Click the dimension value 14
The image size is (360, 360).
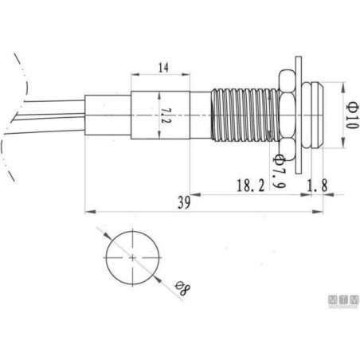pos(163,68)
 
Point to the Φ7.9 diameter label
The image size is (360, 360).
pos(280,170)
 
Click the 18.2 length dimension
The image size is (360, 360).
pos(251,186)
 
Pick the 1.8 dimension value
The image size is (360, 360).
pos(317,185)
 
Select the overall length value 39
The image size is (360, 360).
pos(184,203)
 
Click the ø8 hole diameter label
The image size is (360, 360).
pos(182,288)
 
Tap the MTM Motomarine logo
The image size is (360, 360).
pos(343,302)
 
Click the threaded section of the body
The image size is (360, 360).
pos(245,115)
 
